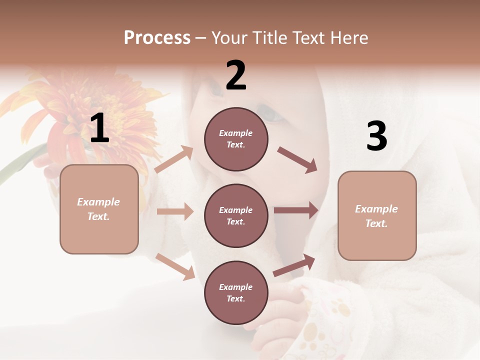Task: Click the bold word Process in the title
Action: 157,38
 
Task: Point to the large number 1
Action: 99,128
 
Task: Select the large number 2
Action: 236,75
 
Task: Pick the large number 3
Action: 376,136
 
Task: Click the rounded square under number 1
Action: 99,209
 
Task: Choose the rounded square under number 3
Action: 377,216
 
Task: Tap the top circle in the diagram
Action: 236,139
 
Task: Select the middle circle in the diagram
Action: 236,216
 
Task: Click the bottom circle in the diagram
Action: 236,293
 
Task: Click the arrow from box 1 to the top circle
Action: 174,159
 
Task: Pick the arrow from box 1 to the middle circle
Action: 175,211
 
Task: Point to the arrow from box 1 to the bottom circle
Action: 175,266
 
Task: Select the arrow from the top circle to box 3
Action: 297,160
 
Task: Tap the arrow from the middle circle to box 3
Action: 296,210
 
